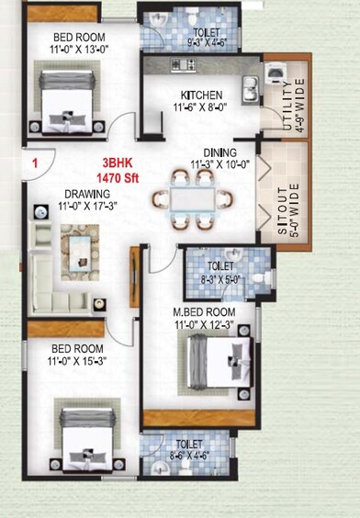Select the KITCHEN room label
pyautogui.click(x=200, y=95)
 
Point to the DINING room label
pyautogui.click(x=220, y=152)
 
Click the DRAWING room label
pyautogui.click(x=87, y=194)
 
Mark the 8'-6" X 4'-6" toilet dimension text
pyautogui.click(x=189, y=452)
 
